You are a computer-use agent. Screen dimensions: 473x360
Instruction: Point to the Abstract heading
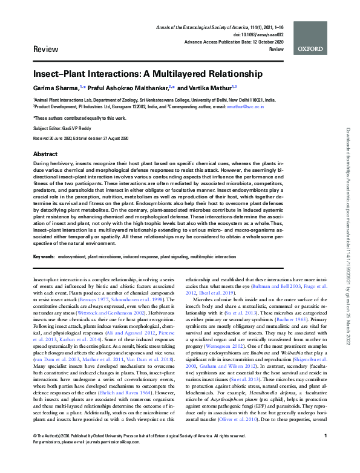coord(45,154)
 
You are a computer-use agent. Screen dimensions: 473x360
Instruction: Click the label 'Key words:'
coord(44,257)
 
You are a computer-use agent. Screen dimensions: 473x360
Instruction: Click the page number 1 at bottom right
coord(326,453)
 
